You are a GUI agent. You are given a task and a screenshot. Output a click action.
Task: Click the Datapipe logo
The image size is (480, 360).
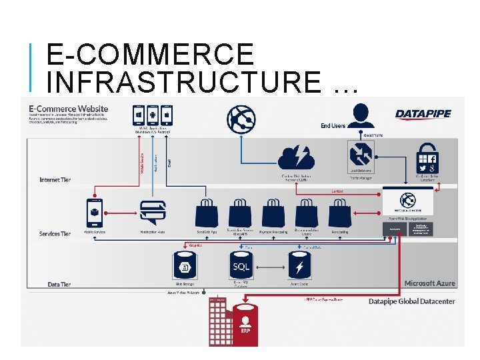(423, 114)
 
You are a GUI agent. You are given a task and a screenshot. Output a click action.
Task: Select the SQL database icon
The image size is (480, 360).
(241, 266)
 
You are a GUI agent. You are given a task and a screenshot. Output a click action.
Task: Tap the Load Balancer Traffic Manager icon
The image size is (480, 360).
(360, 155)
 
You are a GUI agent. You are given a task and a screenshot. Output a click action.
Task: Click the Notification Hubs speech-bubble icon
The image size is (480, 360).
(152, 212)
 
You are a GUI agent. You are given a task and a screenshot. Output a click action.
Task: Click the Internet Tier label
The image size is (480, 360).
(55, 180)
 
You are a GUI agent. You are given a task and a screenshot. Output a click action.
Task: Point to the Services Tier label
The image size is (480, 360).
(55, 234)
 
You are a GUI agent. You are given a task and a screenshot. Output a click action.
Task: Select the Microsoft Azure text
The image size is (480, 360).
(430, 283)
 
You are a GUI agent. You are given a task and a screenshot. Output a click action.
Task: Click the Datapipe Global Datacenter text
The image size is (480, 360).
(412, 301)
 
